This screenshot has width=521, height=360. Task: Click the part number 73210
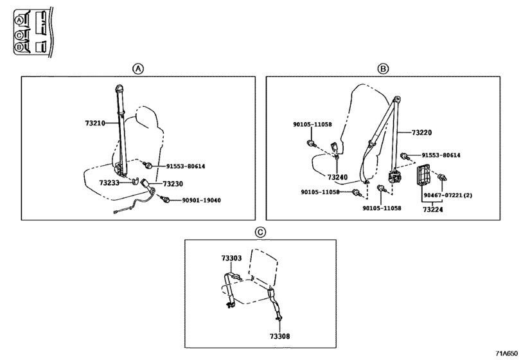tap(95, 123)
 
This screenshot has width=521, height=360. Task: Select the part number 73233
tap(109, 183)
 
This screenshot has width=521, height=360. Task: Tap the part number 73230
tap(173, 184)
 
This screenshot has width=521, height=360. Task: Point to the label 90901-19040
tap(201, 200)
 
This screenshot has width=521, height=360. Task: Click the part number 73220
tap(421, 132)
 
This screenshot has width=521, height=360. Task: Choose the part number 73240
tap(337, 177)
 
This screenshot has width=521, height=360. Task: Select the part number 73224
tap(432, 210)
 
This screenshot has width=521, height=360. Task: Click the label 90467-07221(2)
tap(448, 195)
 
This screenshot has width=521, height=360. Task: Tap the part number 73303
tap(232, 258)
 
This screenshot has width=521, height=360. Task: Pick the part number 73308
tap(279, 336)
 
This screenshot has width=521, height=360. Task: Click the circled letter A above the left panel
tap(138, 69)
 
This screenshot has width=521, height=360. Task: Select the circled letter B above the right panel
tap(383, 69)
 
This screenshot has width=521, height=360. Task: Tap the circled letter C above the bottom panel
tap(260, 232)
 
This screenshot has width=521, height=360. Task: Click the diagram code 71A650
tap(507, 353)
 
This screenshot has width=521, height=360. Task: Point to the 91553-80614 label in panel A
tap(186, 166)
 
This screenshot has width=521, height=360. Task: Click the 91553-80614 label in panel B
tap(441, 155)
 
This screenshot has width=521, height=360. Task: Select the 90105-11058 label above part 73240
tap(312, 124)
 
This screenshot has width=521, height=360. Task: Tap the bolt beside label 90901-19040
tap(164, 199)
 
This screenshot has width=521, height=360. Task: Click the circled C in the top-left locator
tap(19, 35)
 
